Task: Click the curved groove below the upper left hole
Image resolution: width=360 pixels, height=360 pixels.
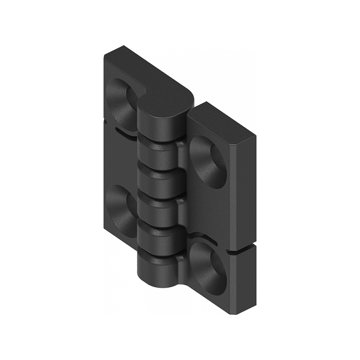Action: [124, 132]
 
